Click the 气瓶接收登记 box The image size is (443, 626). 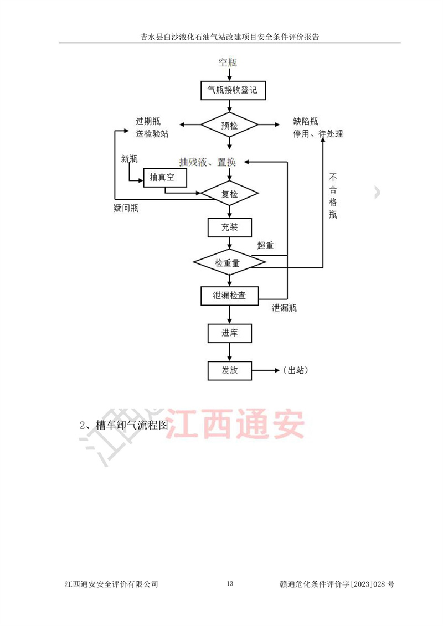[x=229, y=90]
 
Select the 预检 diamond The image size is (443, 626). [x=229, y=125]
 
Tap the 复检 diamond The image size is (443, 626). [x=229, y=194]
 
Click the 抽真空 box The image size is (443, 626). [x=164, y=177]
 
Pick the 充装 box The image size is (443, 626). [x=229, y=227]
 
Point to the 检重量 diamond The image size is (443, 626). [x=229, y=263]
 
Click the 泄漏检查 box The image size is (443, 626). [x=229, y=296]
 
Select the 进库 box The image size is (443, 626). [x=229, y=333]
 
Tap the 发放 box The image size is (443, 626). [x=229, y=370]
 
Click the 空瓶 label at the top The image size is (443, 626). [x=228, y=62]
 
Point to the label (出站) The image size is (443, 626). [x=295, y=370]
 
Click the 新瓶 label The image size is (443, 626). [x=129, y=159]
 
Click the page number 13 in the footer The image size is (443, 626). [x=231, y=584]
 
